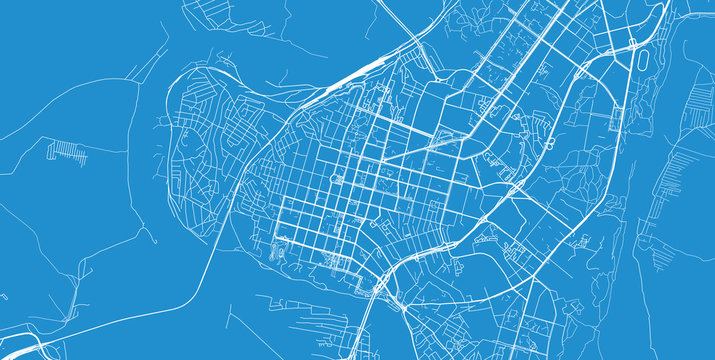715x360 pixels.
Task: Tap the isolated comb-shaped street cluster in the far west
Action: click(x=67, y=152)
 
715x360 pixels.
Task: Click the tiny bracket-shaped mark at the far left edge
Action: click(x=3, y=297)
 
